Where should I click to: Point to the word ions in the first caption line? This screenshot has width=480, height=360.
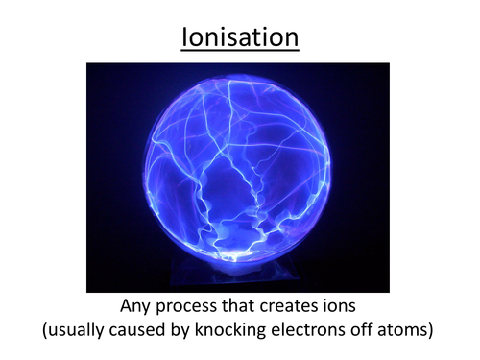[x=345, y=307]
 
